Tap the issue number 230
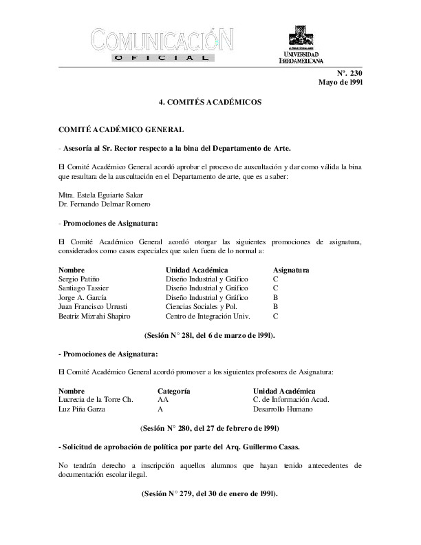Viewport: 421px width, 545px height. pos(355,73)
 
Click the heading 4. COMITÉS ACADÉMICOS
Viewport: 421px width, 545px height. pos(210,102)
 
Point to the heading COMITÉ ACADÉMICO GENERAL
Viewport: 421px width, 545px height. pos(120,129)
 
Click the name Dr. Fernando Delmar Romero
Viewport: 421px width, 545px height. pos(105,204)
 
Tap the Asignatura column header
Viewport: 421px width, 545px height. pos(291,270)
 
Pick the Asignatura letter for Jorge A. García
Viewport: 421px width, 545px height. pos(275,297)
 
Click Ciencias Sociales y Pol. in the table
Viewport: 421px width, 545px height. pos(199,306)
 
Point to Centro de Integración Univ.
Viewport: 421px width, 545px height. pos(207,316)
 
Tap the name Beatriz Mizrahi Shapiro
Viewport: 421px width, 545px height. pos(100,316)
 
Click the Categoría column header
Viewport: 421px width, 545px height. pos(173,390)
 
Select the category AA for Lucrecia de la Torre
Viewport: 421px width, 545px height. pos(163,399)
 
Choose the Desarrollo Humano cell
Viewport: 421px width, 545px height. pos(283,409)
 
